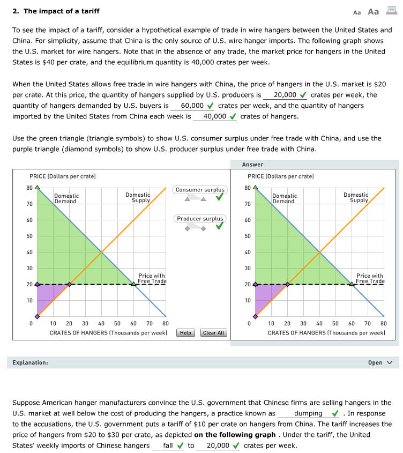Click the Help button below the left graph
point(185,332)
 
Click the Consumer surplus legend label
point(200,190)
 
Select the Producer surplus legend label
point(200,219)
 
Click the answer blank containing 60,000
point(192,106)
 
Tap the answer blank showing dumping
point(308,413)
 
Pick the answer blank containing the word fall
point(168,445)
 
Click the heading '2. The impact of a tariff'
point(56,11)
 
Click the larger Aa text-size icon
point(374,11)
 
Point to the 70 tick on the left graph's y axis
point(30,204)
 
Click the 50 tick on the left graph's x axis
point(117,324)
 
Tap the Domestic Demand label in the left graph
point(66,199)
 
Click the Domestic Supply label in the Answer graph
point(356,198)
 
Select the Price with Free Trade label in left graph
point(152,278)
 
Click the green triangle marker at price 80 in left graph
point(36,188)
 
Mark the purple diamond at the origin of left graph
point(36,316)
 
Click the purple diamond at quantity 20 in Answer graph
point(287,284)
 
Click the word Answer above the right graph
point(252,165)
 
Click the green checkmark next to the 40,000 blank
point(233,116)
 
